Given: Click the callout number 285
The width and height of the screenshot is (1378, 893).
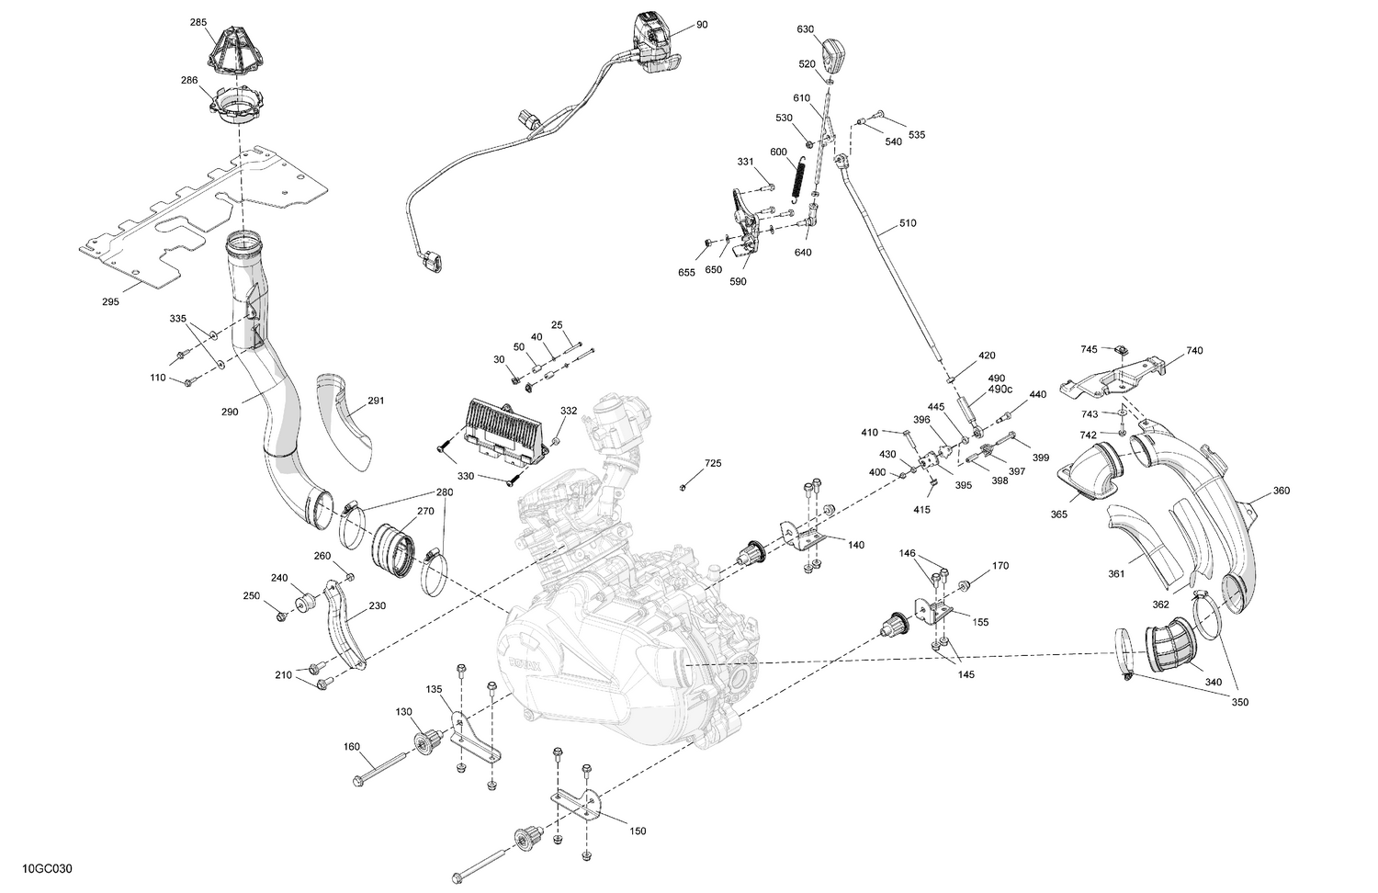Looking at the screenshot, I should click(198, 21).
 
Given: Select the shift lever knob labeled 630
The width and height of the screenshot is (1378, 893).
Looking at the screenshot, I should click(834, 56).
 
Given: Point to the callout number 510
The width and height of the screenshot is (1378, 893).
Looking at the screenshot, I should click(907, 223).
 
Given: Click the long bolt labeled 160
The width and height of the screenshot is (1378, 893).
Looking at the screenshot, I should click(379, 766).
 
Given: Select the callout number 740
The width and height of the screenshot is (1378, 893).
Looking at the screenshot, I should click(1193, 350).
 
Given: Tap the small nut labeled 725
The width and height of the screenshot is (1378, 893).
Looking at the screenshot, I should click(684, 487).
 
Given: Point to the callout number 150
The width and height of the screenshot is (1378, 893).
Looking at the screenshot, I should click(638, 831).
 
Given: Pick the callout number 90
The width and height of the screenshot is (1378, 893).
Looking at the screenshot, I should click(702, 25).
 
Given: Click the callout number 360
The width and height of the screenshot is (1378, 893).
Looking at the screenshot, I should click(1281, 491).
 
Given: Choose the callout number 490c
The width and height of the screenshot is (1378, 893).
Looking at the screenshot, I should click(1000, 390).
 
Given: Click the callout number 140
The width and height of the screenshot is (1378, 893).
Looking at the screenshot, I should click(855, 545).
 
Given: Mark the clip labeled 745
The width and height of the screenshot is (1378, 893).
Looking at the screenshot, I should click(1121, 350).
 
